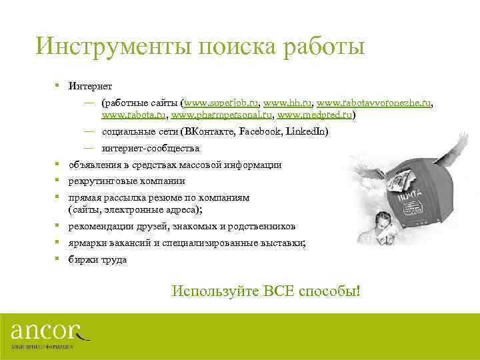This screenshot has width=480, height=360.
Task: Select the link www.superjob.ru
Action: point(221,103)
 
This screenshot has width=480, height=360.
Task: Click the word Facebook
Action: point(259,131)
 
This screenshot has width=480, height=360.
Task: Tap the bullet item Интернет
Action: point(90,87)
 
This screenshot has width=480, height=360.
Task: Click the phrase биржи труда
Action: point(97,260)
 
